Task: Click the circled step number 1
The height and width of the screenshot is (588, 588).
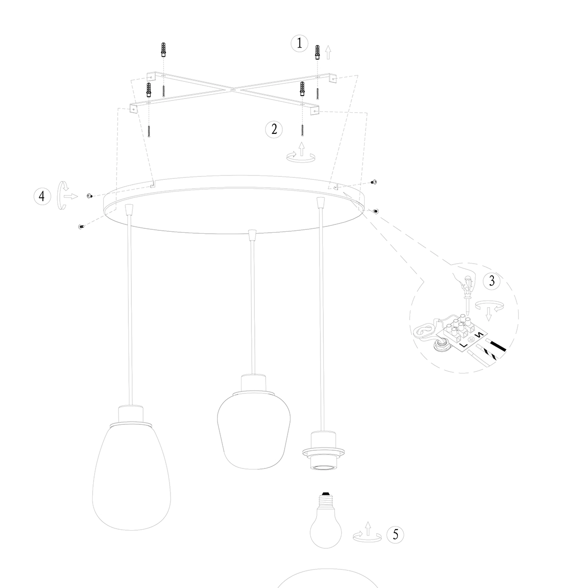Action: pyautogui.click(x=299, y=44)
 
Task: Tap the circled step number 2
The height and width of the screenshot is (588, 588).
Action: pyautogui.click(x=274, y=129)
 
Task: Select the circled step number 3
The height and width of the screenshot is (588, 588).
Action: pyautogui.click(x=491, y=281)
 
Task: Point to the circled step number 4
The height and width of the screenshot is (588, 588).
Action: pyautogui.click(x=42, y=196)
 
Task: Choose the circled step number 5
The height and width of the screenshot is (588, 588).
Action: pyautogui.click(x=395, y=535)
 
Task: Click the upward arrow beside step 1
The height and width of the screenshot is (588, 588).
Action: pyautogui.click(x=328, y=51)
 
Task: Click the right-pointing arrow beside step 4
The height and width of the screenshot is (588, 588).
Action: pyautogui.click(x=71, y=196)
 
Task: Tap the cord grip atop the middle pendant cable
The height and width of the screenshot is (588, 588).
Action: pyautogui.click(x=252, y=236)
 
